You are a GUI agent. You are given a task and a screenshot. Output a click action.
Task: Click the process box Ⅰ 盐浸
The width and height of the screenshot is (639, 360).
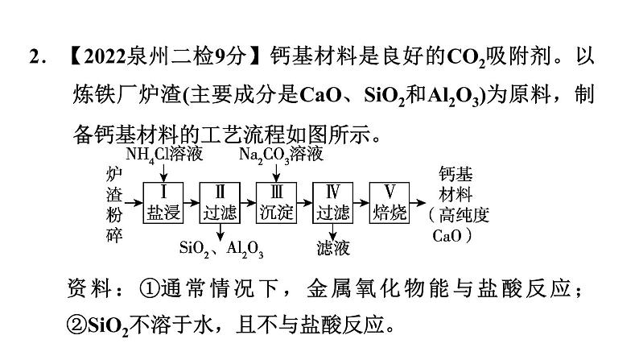click(x=163, y=202)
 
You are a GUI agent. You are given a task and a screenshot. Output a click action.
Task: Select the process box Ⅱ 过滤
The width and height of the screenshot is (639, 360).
click(x=220, y=202)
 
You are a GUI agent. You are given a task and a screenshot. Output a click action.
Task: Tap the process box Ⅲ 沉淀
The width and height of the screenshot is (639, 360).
click(x=276, y=202)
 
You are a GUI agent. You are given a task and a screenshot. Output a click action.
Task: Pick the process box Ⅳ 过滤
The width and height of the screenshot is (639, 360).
click(x=332, y=202)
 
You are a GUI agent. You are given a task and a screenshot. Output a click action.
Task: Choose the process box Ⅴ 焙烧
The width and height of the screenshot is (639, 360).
click(x=390, y=202)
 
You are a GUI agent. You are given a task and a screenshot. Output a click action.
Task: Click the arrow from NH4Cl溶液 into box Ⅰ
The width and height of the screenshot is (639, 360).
click(x=163, y=171)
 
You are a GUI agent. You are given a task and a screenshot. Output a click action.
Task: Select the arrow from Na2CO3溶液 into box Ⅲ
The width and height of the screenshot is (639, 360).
click(x=276, y=171)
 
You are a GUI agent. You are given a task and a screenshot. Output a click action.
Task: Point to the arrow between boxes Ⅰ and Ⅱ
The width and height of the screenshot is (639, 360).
click(x=192, y=202)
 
